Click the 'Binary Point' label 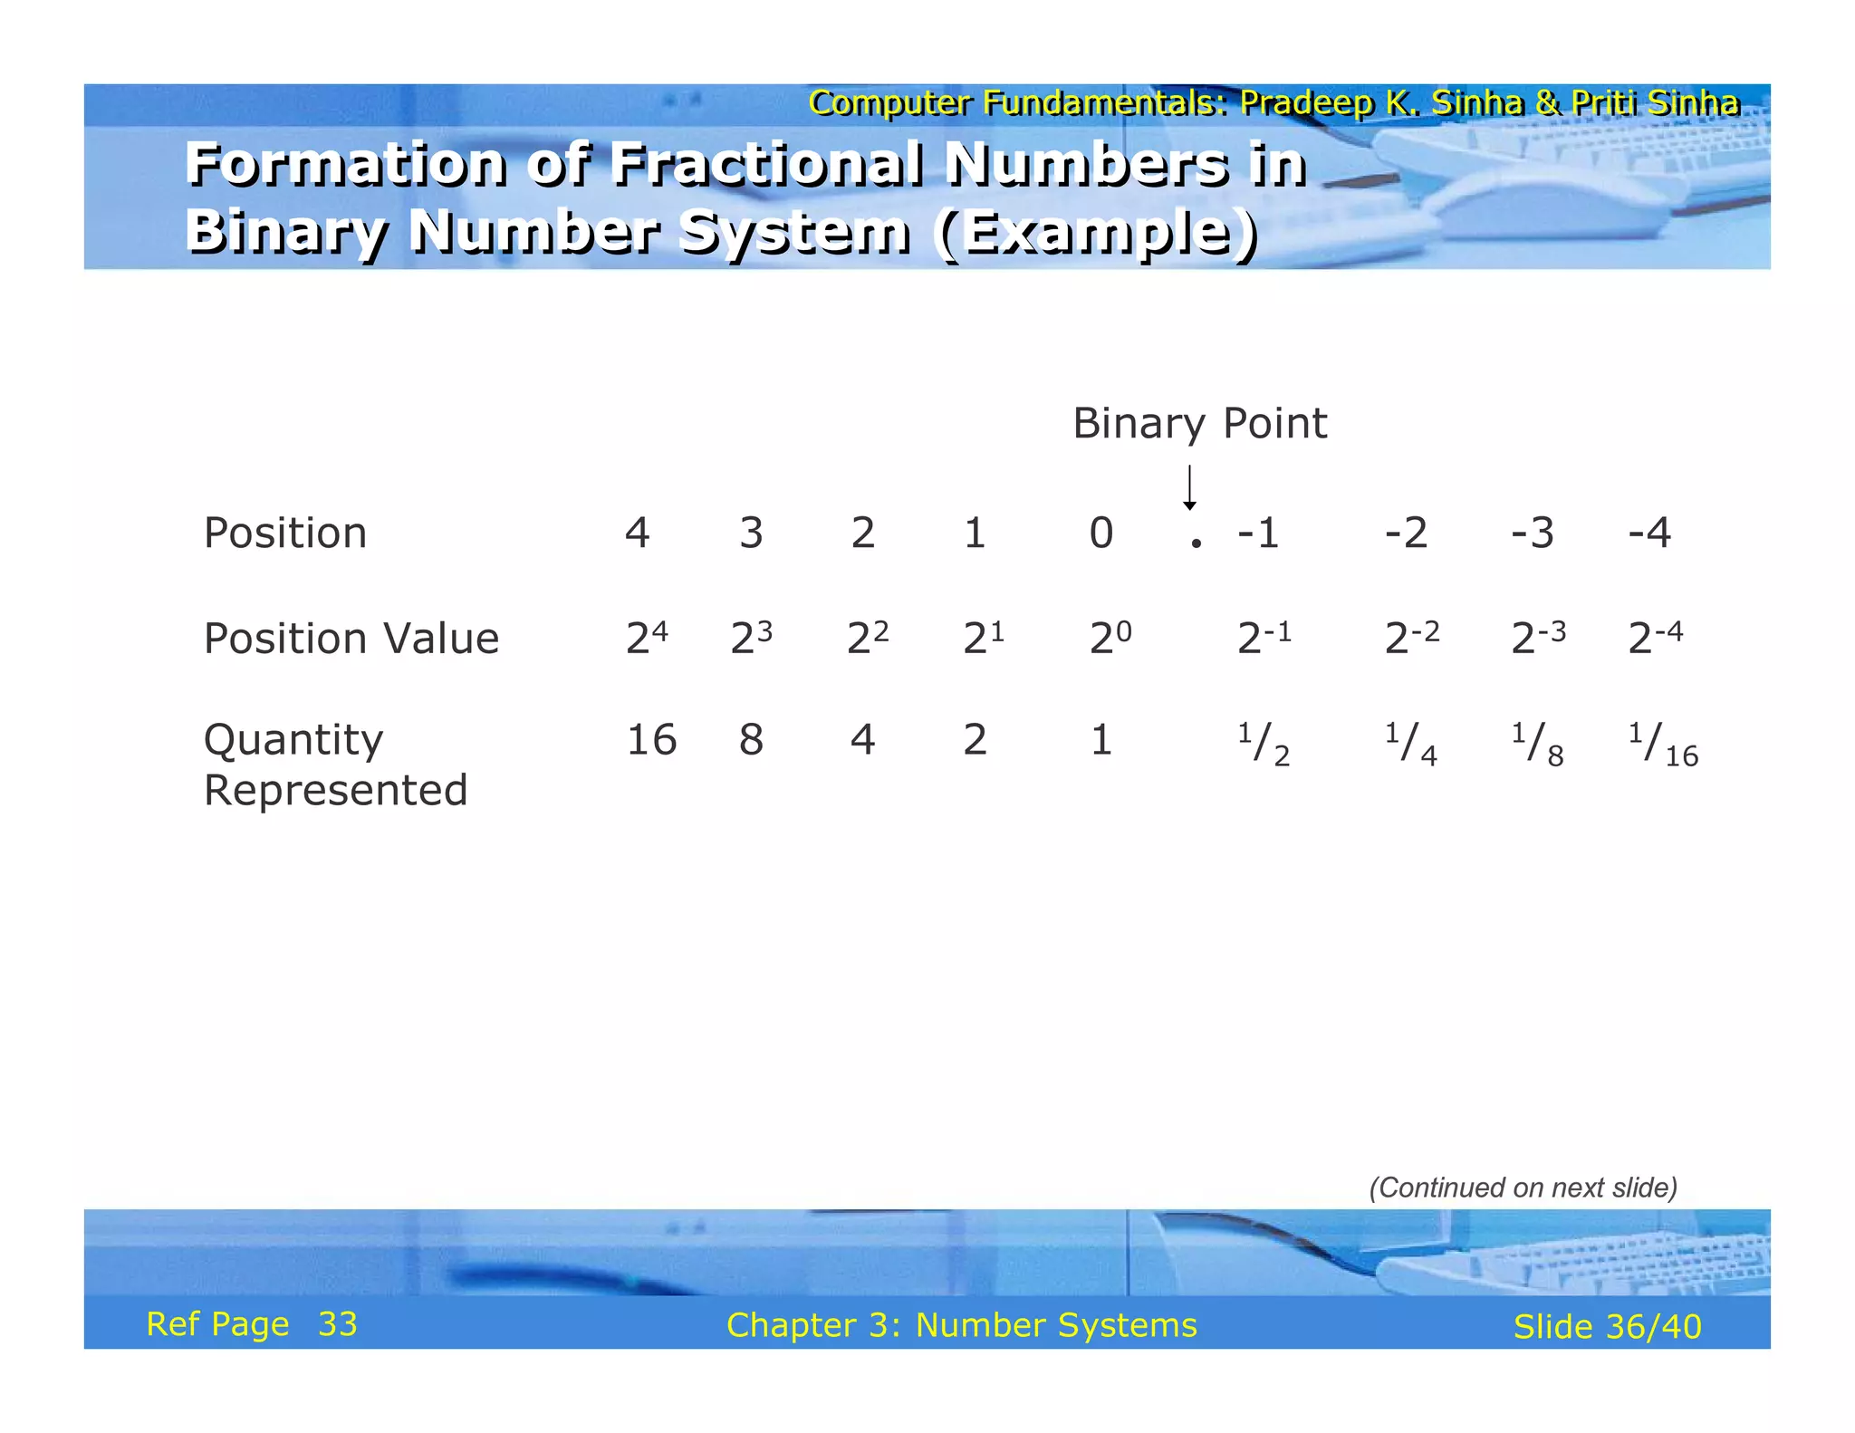[1199, 423]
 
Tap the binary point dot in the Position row [1197, 543]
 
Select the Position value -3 [1533, 533]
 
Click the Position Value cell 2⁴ [647, 638]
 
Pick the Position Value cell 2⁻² [1411, 638]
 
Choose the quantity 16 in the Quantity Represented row [651, 739]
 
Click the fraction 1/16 [1663, 745]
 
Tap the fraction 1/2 [1264, 745]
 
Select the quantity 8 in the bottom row [751, 739]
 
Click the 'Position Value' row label [351, 638]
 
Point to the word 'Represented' [335, 790]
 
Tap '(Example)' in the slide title [1098, 232]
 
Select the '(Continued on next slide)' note [1523, 1188]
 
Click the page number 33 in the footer [338, 1324]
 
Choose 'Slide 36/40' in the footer [1607, 1326]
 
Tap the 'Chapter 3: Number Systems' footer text [961, 1325]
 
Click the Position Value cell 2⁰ [1110, 638]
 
